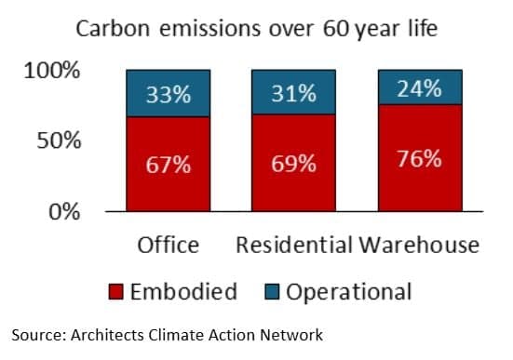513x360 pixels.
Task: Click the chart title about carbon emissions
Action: click(256, 29)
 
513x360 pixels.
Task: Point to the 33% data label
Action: click(169, 94)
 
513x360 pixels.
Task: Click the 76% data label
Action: click(419, 158)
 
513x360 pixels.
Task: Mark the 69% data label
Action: click(293, 164)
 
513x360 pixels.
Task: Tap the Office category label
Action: click(169, 246)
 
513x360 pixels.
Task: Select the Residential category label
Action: click(293, 246)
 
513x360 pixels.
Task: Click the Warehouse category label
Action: click(420, 246)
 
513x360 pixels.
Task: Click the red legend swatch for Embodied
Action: click(116, 293)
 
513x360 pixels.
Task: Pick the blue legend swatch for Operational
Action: click(272, 293)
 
